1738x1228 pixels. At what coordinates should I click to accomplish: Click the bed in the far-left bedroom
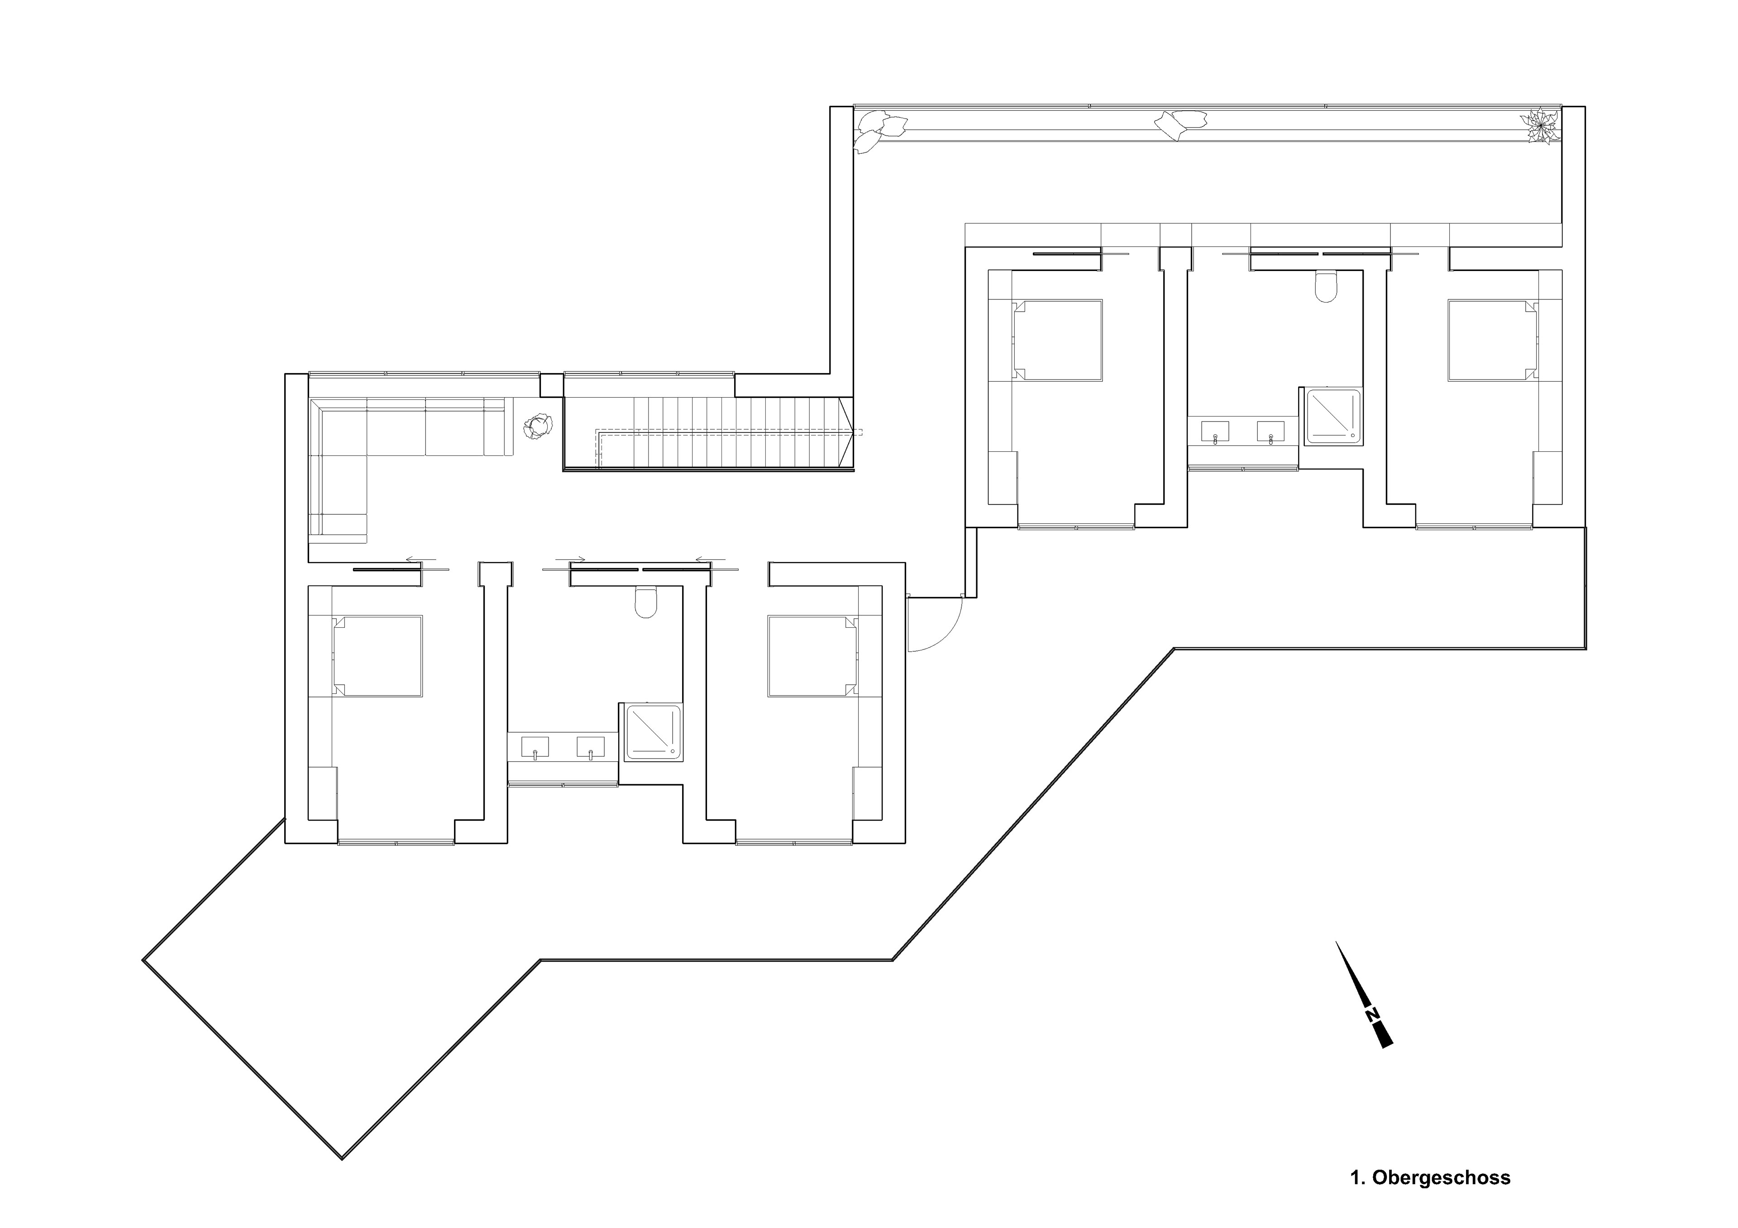(x=378, y=656)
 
